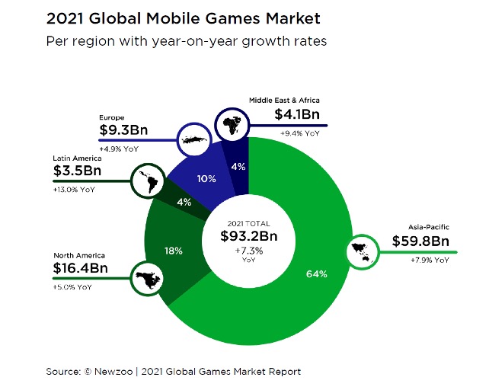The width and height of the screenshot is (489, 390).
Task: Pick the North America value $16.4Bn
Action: tap(81, 270)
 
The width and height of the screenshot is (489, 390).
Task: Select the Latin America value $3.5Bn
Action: tap(76, 172)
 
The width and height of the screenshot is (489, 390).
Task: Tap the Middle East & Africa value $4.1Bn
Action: tap(299, 114)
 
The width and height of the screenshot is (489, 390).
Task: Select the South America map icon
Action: tap(145, 181)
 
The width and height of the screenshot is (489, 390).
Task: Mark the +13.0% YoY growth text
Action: tap(75, 189)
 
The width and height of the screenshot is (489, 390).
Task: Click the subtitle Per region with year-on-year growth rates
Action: tap(187, 41)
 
